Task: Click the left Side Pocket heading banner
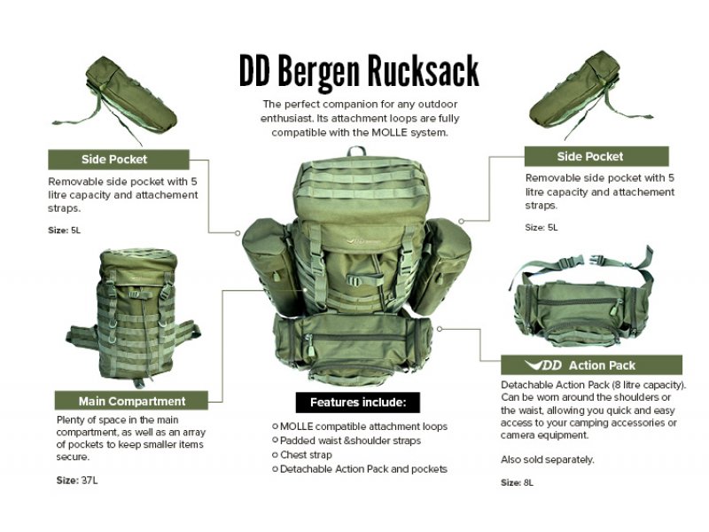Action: tap(118, 160)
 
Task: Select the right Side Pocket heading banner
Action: tap(590, 157)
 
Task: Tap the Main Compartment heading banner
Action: tap(132, 401)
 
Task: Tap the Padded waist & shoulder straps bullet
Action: tap(350, 440)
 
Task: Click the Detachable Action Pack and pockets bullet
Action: tap(363, 468)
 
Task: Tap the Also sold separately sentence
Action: tap(547, 459)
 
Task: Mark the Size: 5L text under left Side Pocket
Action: tap(64, 231)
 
